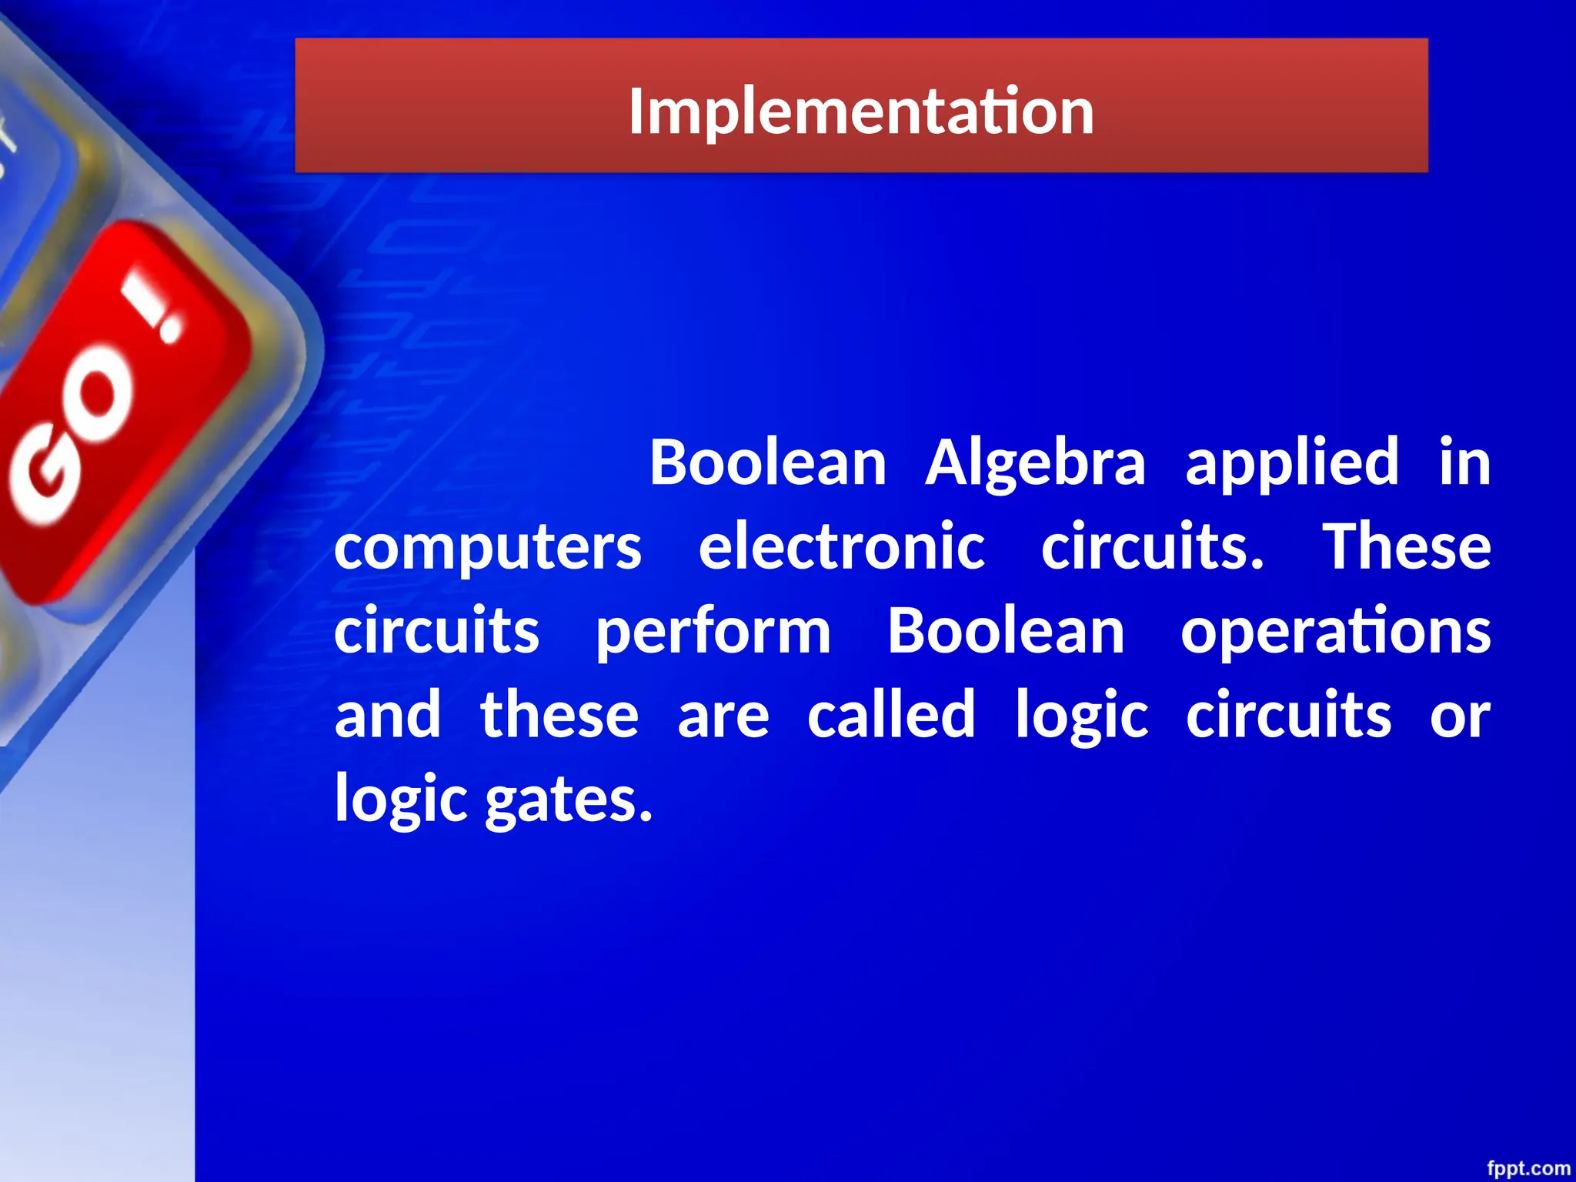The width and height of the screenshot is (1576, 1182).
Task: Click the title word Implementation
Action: click(x=861, y=112)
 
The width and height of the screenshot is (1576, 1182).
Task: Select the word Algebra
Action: click(x=1036, y=464)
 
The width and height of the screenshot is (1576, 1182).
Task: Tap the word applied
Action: click(x=1292, y=464)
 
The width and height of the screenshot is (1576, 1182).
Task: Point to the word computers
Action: click(x=488, y=548)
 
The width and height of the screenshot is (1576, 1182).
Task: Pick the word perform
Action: click(x=713, y=633)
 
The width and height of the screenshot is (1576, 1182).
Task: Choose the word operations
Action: click(x=1336, y=633)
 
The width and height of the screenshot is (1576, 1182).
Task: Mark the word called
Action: click(x=891, y=715)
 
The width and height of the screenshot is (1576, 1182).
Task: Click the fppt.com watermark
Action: click(x=1528, y=1168)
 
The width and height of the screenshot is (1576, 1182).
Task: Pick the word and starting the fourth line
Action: click(x=388, y=715)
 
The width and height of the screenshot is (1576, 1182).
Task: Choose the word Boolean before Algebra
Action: click(x=768, y=464)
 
